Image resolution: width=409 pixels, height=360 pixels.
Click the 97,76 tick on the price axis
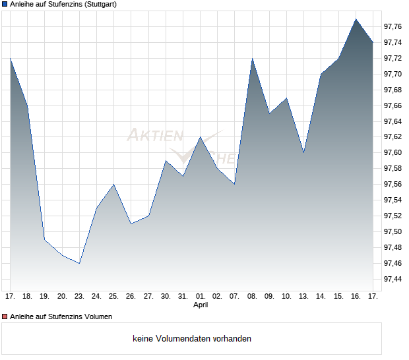click(x=393, y=26)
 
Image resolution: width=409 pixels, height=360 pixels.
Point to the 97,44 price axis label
click(x=393, y=279)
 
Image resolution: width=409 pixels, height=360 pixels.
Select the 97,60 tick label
click(x=393, y=153)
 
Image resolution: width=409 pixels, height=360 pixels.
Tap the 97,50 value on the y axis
click(x=393, y=231)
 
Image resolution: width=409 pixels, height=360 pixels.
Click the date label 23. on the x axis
click(x=79, y=297)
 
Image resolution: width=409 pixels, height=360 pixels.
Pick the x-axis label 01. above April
click(x=201, y=297)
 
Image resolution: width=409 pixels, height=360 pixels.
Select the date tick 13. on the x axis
click(x=304, y=297)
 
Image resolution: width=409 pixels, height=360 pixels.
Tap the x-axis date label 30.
click(x=166, y=297)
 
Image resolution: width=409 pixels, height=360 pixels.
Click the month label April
click(x=201, y=305)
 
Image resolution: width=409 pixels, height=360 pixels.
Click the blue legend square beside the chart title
click(x=5, y=5)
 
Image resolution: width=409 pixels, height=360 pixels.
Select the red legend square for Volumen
click(x=5, y=316)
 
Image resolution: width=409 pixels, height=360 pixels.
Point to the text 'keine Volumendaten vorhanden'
click(x=192, y=339)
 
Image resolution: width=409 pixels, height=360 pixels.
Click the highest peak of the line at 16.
click(x=356, y=18)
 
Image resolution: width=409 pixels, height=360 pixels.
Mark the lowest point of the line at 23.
click(x=79, y=263)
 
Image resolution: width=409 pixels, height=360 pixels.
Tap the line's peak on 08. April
click(x=252, y=59)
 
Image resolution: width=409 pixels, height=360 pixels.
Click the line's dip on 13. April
click(x=304, y=152)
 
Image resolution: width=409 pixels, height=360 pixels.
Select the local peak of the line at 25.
click(x=113, y=184)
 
